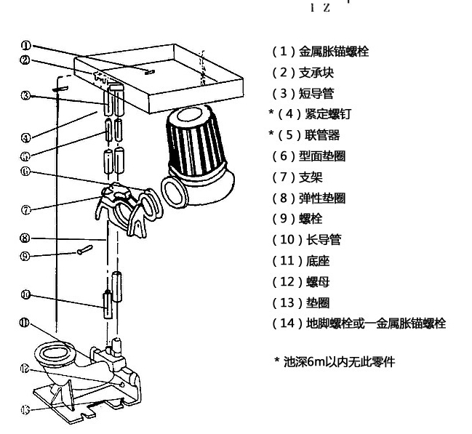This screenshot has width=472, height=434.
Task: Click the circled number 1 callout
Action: click(x=26, y=45)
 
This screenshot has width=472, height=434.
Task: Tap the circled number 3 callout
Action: click(x=26, y=95)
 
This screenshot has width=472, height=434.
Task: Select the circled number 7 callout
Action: click(x=26, y=209)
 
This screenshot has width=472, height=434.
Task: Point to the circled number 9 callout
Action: click(x=26, y=255)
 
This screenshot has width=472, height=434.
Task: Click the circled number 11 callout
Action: click(x=25, y=323)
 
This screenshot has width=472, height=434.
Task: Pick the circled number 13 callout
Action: click(x=25, y=409)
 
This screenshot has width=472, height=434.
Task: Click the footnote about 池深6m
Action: click(x=334, y=361)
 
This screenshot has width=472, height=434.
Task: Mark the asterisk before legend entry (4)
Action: click(x=271, y=114)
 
